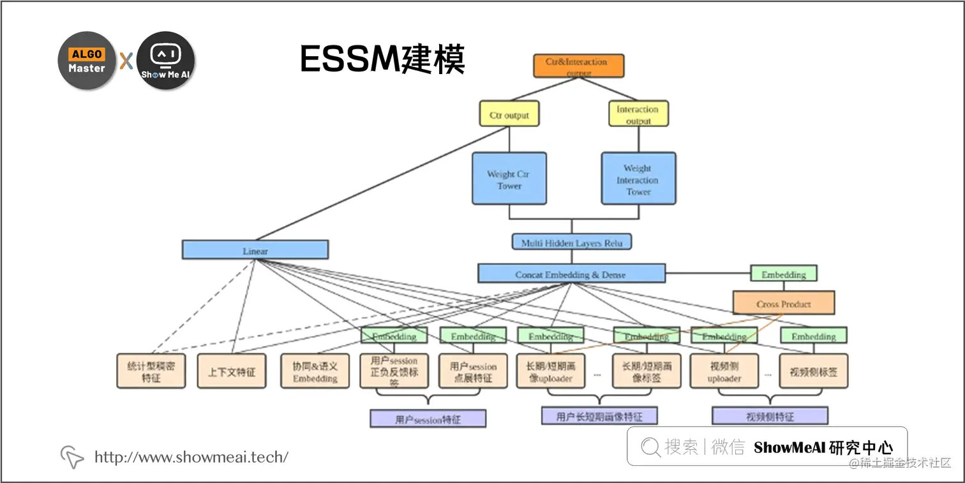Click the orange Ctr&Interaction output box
coord(578,66)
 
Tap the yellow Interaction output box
coord(638,114)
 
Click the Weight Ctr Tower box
coord(509,178)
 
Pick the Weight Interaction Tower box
coord(638,178)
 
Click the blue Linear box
coord(255,250)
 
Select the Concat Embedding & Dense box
coord(571,273)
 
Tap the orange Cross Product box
coord(783,303)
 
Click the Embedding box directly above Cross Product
coord(783,273)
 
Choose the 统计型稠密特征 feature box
coord(151,371)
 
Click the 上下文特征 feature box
coord(231,371)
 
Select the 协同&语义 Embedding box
coord(315,371)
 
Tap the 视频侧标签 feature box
coord(814,371)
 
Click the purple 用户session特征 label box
coord(428,419)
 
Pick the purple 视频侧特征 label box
coord(770,417)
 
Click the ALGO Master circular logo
coord(87,61)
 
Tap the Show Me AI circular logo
coord(166,61)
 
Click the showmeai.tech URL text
coord(191,457)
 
